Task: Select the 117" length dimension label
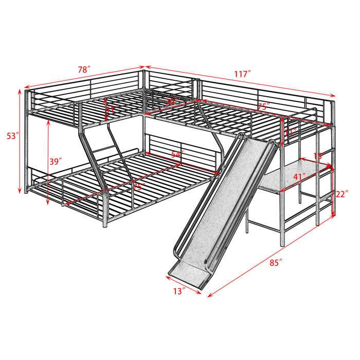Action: [x=242, y=74]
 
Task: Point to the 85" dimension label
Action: [x=276, y=262]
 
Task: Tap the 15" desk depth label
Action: [x=318, y=155]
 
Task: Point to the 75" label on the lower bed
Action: [x=138, y=186]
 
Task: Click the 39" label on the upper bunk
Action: [x=171, y=102]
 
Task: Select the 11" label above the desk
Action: [x=289, y=133]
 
